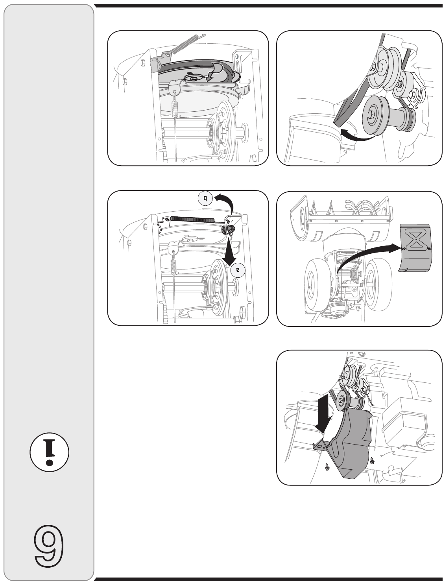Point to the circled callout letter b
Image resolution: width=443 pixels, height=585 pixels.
(205, 198)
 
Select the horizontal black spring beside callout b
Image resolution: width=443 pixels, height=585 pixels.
(192, 220)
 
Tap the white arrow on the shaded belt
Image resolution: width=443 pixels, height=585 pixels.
(213, 72)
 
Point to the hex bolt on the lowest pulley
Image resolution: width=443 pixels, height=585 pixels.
(372, 115)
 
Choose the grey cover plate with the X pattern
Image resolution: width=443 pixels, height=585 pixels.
(415, 248)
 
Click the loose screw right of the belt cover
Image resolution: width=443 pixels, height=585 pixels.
(371, 460)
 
